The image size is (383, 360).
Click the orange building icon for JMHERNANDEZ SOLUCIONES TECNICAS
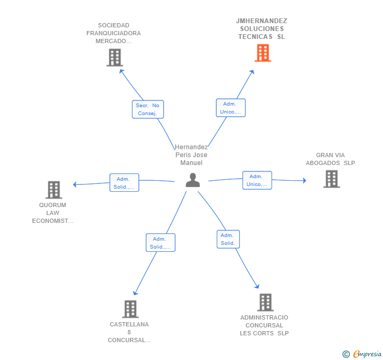[x=263, y=53]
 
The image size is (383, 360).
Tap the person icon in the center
[x=193, y=180]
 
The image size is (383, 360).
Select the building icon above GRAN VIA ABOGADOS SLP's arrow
[x=331, y=179]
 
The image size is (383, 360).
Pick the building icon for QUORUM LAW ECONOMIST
[x=53, y=190]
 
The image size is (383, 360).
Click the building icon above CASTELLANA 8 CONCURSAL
[x=130, y=309]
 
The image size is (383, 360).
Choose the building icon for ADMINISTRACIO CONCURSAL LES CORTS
[x=265, y=302]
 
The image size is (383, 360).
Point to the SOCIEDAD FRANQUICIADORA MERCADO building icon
[x=114, y=57]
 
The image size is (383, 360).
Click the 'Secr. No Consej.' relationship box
[x=148, y=109]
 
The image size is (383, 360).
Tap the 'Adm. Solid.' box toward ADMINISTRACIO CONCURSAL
[x=228, y=239]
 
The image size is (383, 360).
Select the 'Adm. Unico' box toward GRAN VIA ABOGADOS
[x=257, y=180]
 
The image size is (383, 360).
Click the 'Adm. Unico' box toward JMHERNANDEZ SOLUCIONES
[x=230, y=108]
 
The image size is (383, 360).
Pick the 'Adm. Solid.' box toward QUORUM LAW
[x=124, y=183]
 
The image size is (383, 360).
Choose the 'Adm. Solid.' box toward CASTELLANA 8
[x=160, y=243]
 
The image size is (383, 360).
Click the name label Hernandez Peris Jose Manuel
[x=191, y=155]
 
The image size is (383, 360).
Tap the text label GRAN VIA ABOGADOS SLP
[x=330, y=159]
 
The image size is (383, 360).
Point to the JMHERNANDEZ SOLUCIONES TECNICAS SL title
[x=261, y=29]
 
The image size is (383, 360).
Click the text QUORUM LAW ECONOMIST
[x=53, y=213]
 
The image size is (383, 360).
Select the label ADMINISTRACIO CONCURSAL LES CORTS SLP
[x=264, y=325]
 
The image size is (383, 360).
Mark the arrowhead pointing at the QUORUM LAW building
[x=75, y=184]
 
